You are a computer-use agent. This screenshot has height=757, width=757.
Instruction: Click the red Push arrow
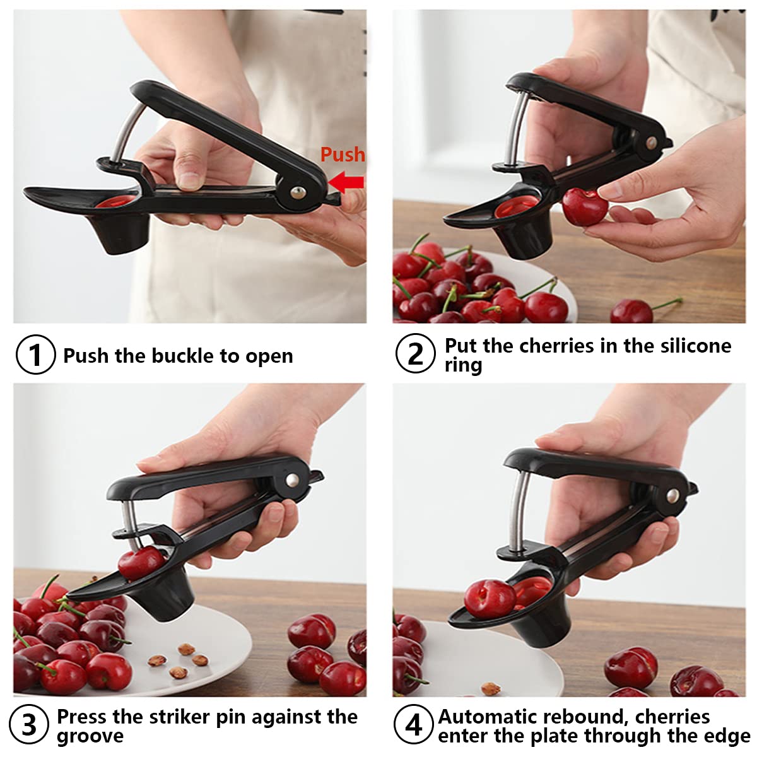point(346,182)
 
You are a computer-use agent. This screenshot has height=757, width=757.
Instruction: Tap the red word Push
point(343,155)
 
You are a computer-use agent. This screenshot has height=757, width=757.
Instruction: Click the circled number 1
point(35,355)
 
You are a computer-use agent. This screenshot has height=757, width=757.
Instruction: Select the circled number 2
point(415,353)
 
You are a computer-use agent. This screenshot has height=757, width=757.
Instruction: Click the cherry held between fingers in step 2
point(585,207)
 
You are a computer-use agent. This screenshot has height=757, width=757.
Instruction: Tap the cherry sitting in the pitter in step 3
point(142,563)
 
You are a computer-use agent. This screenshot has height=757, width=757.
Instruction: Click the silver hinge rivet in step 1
point(298,192)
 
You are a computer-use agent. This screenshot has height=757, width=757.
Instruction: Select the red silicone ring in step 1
point(117,201)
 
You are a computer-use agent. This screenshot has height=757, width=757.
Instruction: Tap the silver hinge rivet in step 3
point(292,479)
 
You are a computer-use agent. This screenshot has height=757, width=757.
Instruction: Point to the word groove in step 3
point(90,736)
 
